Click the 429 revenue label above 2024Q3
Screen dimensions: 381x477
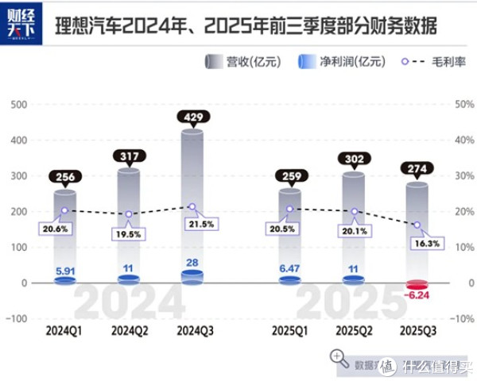tap(192, 117)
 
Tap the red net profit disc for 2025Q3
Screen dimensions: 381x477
tap(417, 285)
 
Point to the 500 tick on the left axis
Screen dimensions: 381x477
tap(18, 104)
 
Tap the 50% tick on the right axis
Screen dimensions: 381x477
tap(460, 104)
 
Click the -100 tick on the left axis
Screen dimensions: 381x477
tap(16, 318)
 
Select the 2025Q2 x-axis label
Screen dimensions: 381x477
tap(353, 329)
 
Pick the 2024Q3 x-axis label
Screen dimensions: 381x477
tap(192, 329)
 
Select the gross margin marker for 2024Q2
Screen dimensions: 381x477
tap(128, 214)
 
